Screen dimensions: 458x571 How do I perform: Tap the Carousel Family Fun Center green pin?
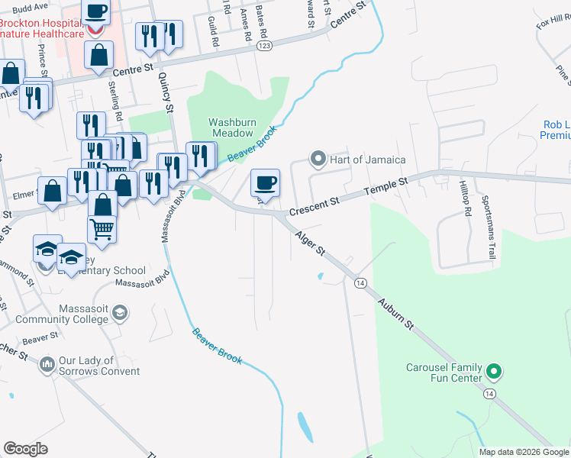click(494, 373)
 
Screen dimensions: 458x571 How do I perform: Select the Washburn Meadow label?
click(231, 127)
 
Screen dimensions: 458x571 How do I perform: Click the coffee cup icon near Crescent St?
click(265, 182)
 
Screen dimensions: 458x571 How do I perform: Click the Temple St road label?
click(386, 187)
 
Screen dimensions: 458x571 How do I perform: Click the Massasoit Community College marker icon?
click(119, 313)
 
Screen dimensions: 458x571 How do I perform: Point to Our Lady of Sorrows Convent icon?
click(47, 365)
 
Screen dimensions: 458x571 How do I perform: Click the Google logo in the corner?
click(25, 449)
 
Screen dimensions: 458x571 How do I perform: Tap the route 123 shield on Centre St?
click(264, 47)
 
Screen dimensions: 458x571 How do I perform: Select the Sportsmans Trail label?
click(486, 227)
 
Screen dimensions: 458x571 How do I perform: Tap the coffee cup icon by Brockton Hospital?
click(95, 11)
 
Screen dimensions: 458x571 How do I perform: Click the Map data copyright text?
click(524, 452)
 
